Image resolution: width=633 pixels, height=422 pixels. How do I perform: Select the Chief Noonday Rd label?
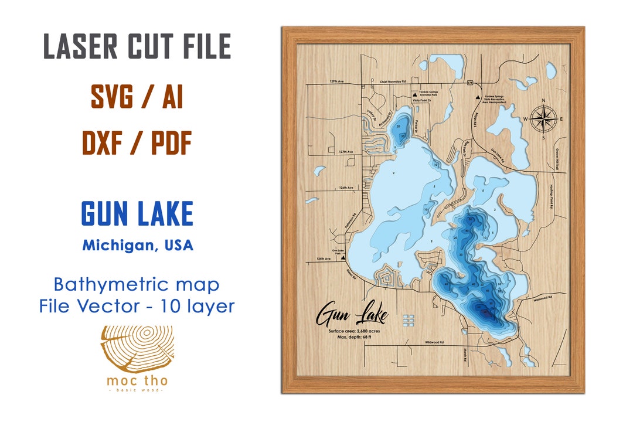(x=393, y=82)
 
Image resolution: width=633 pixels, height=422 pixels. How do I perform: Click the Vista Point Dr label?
(x=422, y=101)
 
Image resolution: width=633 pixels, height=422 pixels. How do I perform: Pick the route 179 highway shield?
(x=470, y=84)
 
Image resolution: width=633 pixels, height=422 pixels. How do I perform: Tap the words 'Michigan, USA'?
(x=137, y=244)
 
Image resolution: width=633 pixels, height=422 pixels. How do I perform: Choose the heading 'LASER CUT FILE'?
(x=137, y=47)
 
